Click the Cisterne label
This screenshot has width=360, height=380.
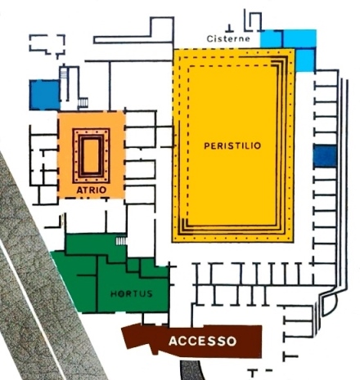click(x=228, y=38)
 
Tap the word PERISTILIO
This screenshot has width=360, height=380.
click(x=232, y=145)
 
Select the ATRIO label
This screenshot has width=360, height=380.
click(x=92, y=190)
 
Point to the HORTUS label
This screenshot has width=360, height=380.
click(x=132, y=293)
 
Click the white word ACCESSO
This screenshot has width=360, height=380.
click(x=203, y=341)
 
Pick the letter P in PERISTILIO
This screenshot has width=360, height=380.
click(x=207, y=145)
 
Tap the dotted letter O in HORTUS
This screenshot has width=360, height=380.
click(x=121, y=293)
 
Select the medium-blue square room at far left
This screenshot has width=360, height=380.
click(x=44, y=95)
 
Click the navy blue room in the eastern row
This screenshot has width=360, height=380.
click(x=325, y=155)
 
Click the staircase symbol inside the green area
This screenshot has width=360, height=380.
click(x=121, y=241)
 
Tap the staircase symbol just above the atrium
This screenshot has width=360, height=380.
click(x=83, y=103)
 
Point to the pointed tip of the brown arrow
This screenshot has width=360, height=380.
click(x=122, y=331)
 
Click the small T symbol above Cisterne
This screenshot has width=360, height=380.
click(x=230, y=28)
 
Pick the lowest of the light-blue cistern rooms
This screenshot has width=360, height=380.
click(x=305, y=60)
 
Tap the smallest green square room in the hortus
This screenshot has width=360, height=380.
click(x=133, y=265)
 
